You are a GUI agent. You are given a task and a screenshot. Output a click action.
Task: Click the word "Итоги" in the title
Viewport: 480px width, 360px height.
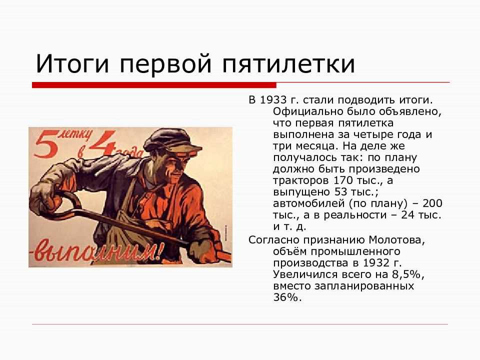(72, 63)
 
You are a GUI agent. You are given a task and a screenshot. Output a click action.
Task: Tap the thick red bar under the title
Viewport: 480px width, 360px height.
(154, 85)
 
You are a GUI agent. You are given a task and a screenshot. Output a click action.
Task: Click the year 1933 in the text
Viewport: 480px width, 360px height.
(273, 100)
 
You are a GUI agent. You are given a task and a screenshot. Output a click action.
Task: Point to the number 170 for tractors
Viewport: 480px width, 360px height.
(344, 180)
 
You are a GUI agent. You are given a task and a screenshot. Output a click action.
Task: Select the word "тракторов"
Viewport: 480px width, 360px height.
(301, 181)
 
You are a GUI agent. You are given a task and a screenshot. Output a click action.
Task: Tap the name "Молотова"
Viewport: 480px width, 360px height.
(396, 239)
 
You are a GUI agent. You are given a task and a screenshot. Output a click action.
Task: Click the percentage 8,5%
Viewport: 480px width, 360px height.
(407, 274)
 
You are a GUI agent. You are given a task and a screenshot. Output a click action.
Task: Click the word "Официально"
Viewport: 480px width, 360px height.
(307, 111)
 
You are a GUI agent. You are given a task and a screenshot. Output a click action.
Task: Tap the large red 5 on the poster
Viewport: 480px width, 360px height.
(46, 143)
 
